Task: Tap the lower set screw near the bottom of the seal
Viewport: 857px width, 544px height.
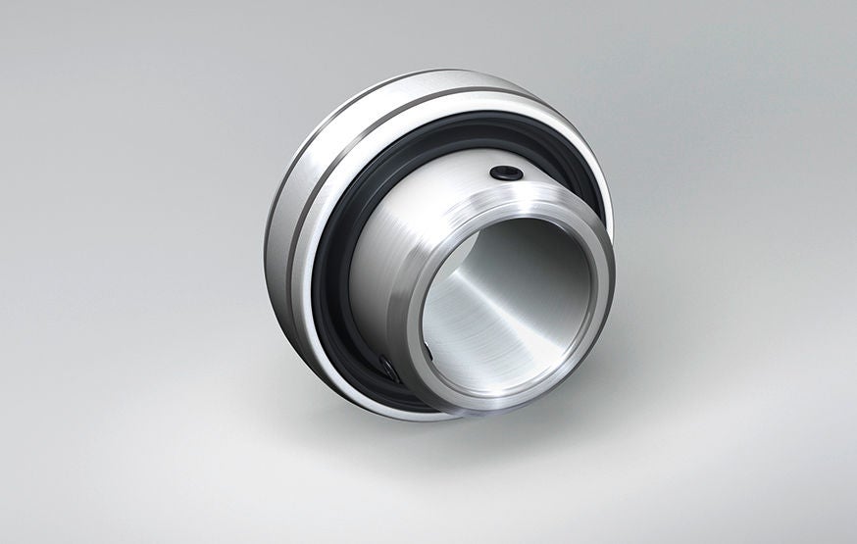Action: [388, 369]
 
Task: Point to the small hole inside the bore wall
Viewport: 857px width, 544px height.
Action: [428, 347]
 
